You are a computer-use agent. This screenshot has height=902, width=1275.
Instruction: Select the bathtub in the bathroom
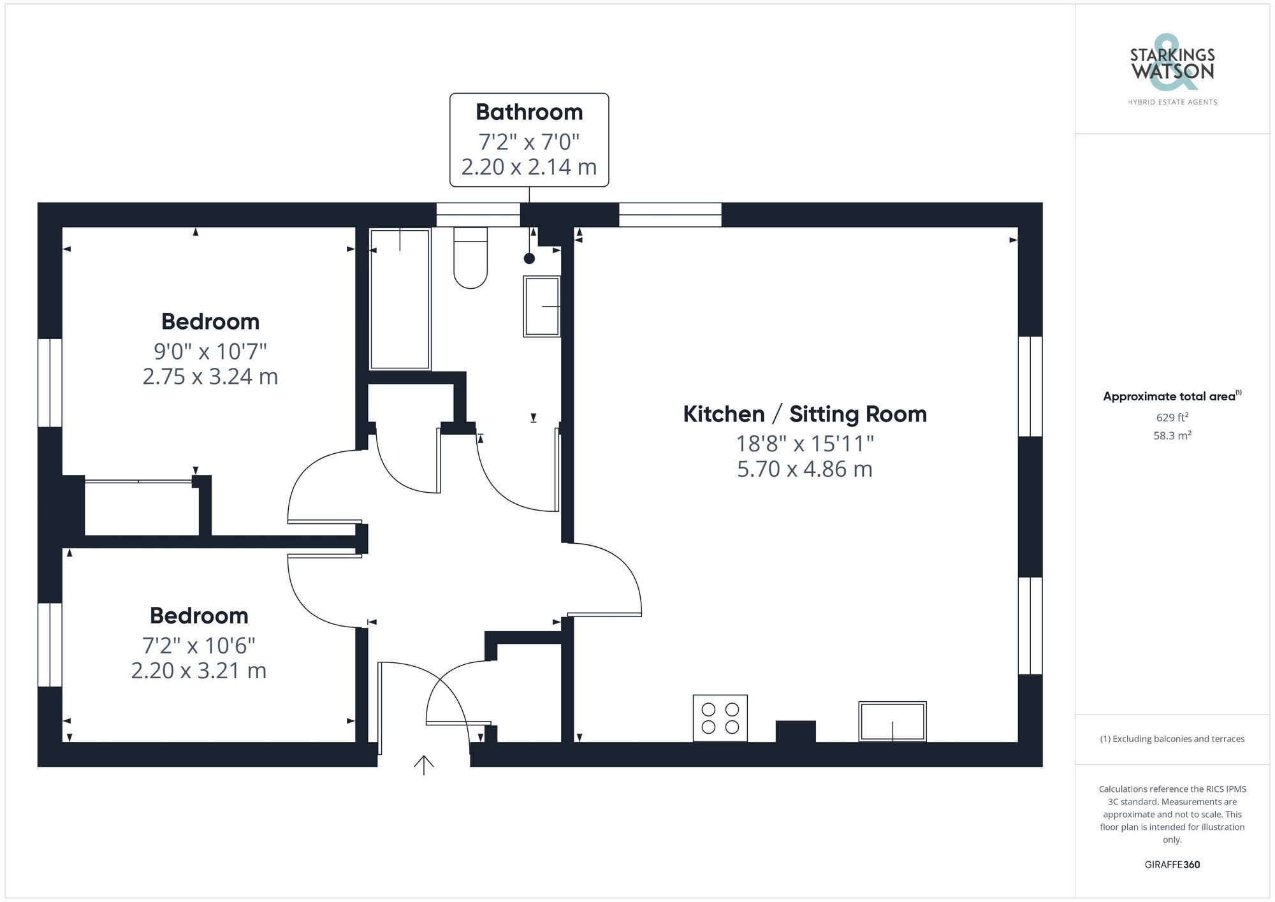point(400,299)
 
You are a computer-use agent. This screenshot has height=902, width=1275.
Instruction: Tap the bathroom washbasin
point(542,306)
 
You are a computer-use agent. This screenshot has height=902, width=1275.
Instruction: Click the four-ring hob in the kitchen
point(720,718)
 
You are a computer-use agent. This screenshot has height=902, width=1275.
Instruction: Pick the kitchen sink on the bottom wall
point(892,721)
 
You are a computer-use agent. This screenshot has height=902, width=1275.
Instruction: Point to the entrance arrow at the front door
point(424,764)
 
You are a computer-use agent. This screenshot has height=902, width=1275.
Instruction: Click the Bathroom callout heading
point(529,112)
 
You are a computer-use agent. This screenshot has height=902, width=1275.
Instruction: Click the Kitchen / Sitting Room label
point(805,414)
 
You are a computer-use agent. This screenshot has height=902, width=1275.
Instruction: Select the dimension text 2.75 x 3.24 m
point(210,377)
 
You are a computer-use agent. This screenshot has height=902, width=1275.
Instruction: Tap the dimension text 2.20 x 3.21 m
point(199,671)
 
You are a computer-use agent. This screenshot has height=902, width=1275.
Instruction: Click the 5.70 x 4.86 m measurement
point(805,469)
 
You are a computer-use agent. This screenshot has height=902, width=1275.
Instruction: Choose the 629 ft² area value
point(1172,418)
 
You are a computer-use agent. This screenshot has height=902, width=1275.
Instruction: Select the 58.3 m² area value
point(1172,436)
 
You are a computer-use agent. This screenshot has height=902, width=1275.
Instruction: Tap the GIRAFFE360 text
point(1172,864)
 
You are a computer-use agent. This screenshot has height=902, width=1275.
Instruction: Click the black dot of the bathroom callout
point(529,258)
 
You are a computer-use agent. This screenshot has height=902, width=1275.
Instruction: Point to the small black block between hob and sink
point(796,731)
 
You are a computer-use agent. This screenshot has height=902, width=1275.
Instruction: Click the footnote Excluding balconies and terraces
point(1172,739)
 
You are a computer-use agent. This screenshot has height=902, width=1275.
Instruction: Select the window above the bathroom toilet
point(478,215)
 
